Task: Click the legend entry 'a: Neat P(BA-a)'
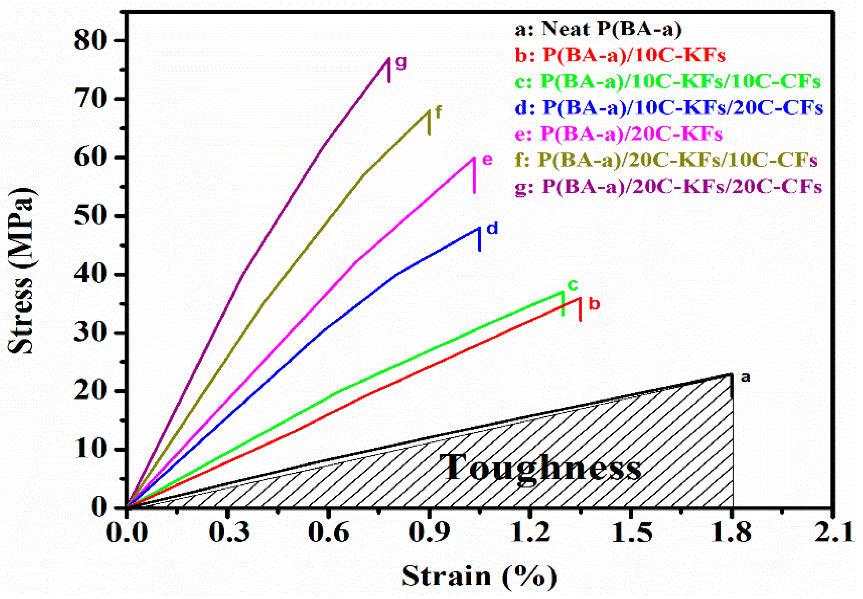pos(597,29)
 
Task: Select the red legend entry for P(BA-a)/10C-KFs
pos(620,55)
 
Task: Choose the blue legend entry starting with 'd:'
pos(669,108)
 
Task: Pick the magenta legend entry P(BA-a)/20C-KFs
pos(618,134)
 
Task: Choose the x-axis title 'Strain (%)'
pos(479,576)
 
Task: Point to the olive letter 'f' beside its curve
pos(438,112)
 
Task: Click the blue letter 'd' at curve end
pos(492,228)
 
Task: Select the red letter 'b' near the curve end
pos(594,303)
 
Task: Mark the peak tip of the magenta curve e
pos(474,158)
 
